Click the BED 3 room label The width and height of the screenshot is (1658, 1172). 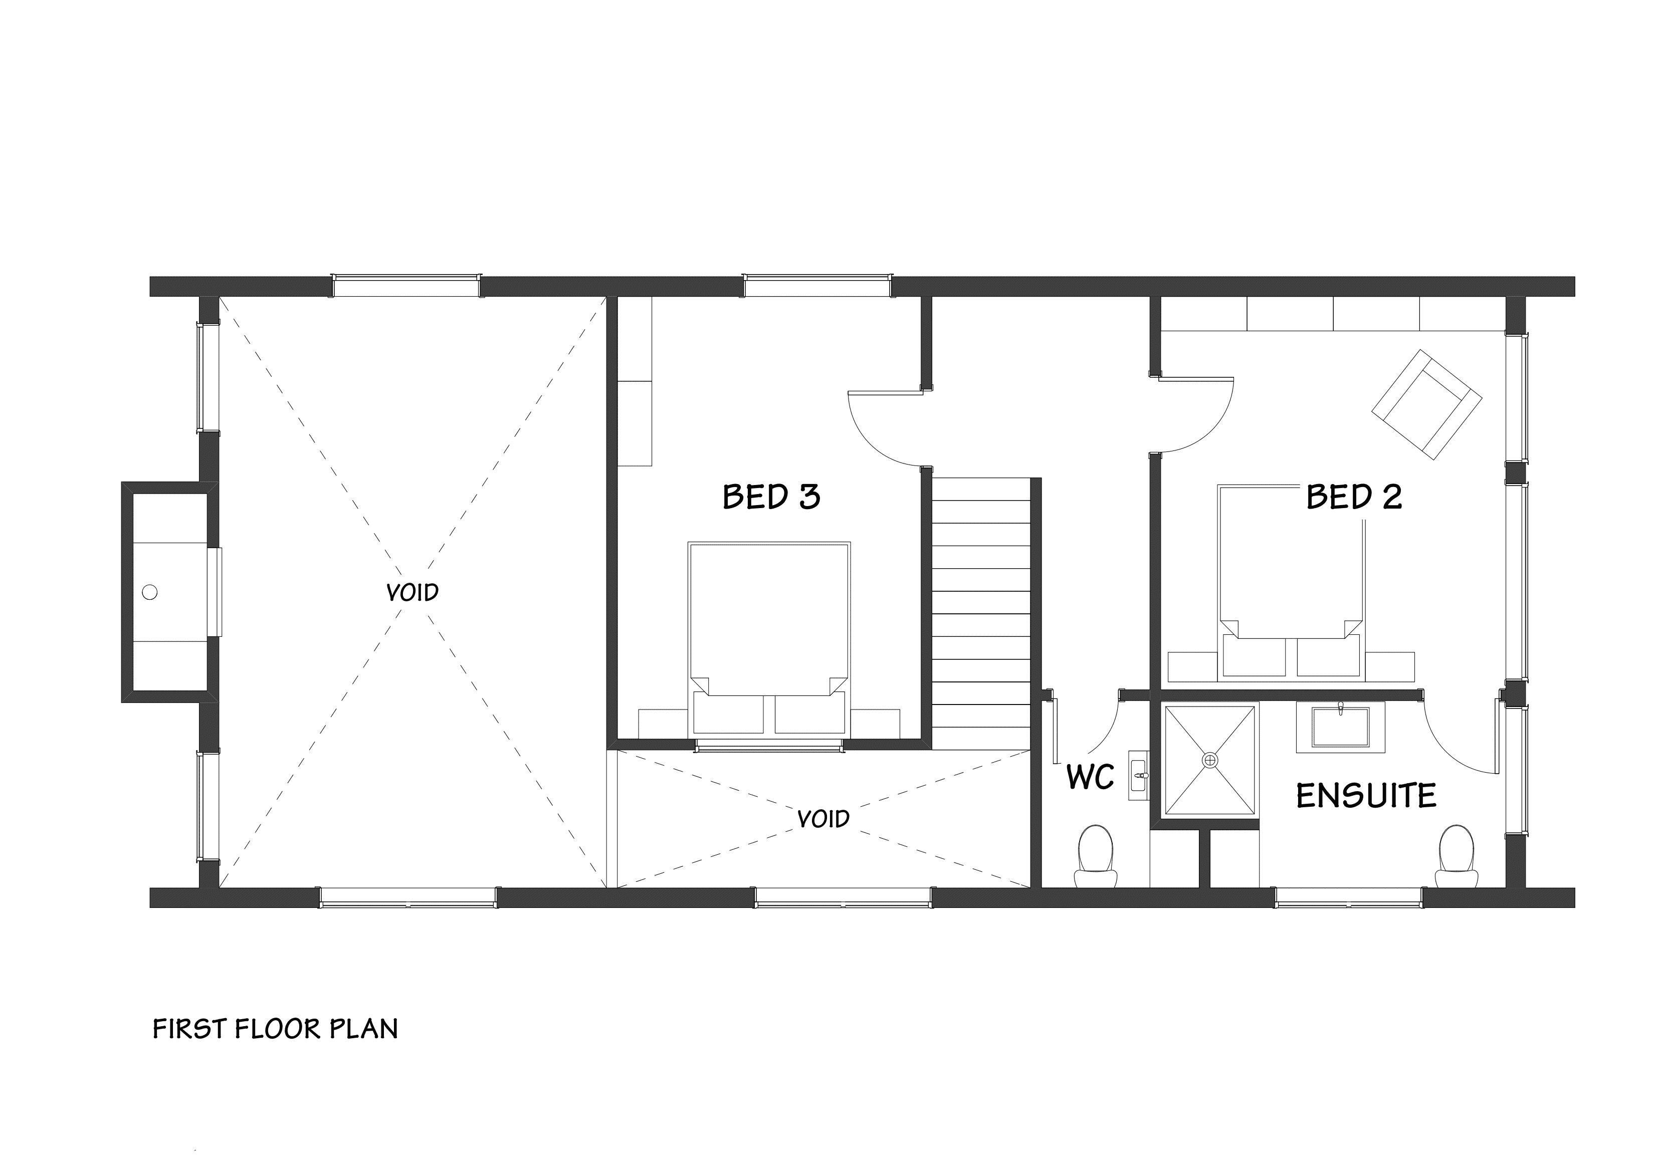(x=771, y=497)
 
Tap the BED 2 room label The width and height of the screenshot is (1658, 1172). (x=1354, y=497)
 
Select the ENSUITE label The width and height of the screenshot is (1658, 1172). (x=1365, y=796)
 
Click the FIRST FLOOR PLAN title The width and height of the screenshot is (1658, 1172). (x=275, y=1029)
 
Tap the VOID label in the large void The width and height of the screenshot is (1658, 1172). (x=412, y=593)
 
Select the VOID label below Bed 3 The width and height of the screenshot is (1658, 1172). (x=823, y=819)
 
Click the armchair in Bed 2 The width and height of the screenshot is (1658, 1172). (x=1426, y=404)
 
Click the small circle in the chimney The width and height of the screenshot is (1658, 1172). (x=149, y=592)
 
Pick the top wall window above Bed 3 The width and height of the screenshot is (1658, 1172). (x=817, y=286)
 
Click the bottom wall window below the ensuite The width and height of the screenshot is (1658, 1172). (x=1348, y=897)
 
